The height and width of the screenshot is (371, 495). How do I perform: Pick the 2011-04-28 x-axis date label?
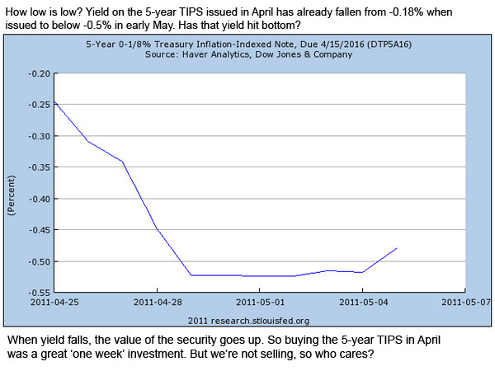pyautogui.click(x=156, y=302)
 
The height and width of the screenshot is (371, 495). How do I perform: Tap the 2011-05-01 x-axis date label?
pyautogui.click(x=259, y=302)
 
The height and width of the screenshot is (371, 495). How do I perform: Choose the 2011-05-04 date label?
pyautogui.click(x=362, y=302)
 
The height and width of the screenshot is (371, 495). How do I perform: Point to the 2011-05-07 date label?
pyautogui.click(x=464, y=302)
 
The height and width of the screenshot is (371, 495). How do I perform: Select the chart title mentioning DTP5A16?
pyautogui.click(x=258, y=45)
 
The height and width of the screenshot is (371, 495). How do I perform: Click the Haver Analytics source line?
pyautogui.click(x=258, y=56)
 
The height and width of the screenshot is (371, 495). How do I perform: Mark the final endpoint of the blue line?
pyautogui.click(x=397, y=247)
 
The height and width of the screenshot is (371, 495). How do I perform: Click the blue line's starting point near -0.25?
pyautogui.click(x=53, y=101)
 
